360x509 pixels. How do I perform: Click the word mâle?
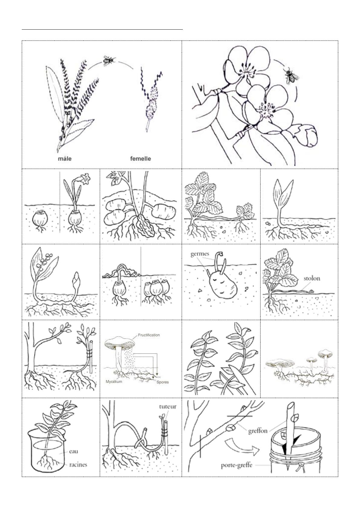tap(65, 159)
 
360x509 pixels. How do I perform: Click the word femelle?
tap(141, 159)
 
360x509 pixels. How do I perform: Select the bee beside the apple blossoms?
tap(291, 76)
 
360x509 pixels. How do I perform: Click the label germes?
tap(200, 254)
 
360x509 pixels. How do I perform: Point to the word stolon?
tap(312, 278)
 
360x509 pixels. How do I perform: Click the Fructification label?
tap(149, 335)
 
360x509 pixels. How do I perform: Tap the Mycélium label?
tap(114, 381)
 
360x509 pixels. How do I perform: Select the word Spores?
tap(163, 382)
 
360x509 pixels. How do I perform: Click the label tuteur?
tap(168, 407)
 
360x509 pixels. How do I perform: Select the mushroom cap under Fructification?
tap(120, 342)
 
